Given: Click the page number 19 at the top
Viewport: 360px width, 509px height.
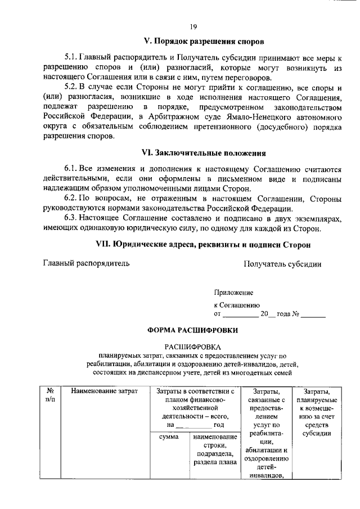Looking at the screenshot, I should pyautogui.click(x=193, y=26).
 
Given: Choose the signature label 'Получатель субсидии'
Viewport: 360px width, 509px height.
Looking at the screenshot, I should pyautogui.click(x=282, y=263).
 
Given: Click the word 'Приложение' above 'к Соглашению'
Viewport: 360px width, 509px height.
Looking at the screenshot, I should pyautogui.click(x=233, y=292).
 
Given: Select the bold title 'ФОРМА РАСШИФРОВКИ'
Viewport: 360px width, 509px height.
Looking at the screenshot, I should pyautogui.click(x=192, y=330).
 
